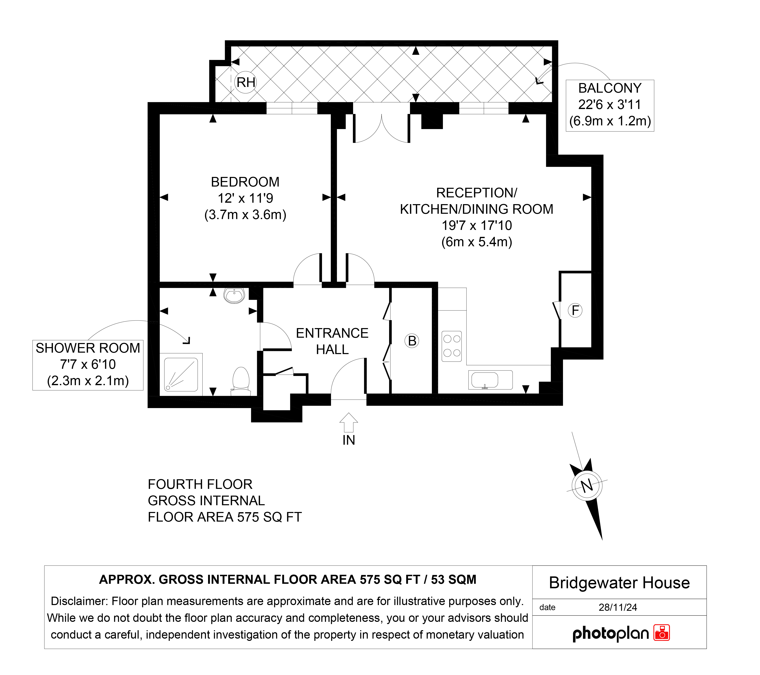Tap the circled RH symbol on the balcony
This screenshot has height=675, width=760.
pyautogui.click(x=246, y=82)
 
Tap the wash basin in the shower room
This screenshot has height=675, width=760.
pyautogui.click(x=234, y=296)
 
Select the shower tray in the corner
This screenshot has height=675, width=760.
pyautogui.click(x=181, y=374)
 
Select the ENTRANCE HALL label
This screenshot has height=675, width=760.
pyautogui.click(x=332, y=341)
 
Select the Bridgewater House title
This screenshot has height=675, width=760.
pyautogui.click(x=619, y=583)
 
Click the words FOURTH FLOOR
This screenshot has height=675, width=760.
pyautogui.click(x=200, y=484)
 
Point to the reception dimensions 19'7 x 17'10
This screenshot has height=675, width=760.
pyautogui.click(x=477, y=225)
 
